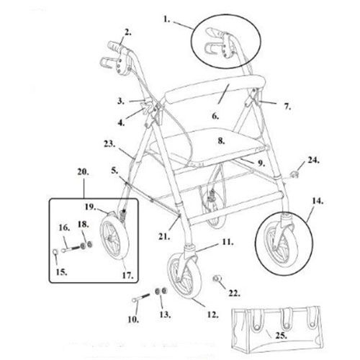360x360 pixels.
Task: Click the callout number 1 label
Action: pyautogui.click(x=166, y=19)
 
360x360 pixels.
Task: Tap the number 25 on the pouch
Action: pyautogui.click(x=281, y=336)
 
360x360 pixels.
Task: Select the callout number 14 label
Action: pyautogui.click(x=318, y=201)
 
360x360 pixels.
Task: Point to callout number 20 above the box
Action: pyautogui.click(x=83, y=172)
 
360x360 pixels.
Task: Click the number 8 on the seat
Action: pyautogui.click(x=221, y=141)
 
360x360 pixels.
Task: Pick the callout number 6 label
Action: pyautogui.click(x=215, y=116)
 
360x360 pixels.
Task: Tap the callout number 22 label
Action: pyautogui.click(x=234, y=293)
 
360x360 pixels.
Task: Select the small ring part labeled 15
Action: pyautogui.click(x=55, y=252)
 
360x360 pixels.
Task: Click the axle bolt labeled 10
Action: pyautogui.click(x=141, y=297)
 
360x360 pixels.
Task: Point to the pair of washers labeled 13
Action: pyautogui.click(x=161, y=291)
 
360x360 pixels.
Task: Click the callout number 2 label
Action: pyautogui.click(x=127, y=32)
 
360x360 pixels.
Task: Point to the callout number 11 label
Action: pyautogui.click(x=228, y=242)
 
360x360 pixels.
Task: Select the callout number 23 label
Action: pyautogui.click(x=109, y=144)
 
